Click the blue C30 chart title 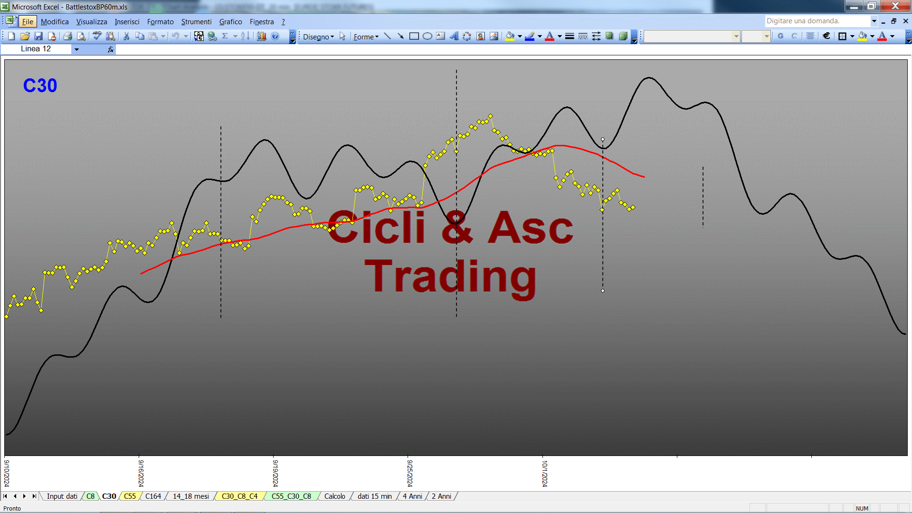point(40,85)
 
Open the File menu point(28,22)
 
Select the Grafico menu point(230,22)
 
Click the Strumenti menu point(196,22)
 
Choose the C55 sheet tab point(130,496)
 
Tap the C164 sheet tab point(153,496)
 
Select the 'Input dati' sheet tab point(62,496)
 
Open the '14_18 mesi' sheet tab point(190,496)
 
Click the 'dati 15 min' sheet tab point(374,496)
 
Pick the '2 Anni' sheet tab point(441,496)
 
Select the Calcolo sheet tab point(334,496)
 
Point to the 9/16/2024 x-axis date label point(141,473)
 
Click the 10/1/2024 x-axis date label point(545,473)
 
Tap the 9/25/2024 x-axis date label point(410,473)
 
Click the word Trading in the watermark point(450,278)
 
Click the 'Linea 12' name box point(36,49)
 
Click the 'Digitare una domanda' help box point(817,21)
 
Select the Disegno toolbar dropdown point(318,37)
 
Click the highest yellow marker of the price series point(491,116)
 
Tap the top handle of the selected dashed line point(603,139)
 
